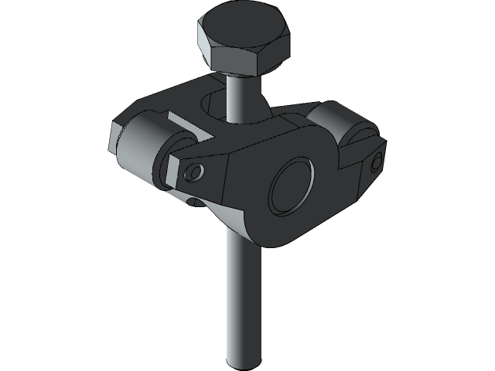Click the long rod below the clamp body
pos(242,301)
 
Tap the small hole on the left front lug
pos(195,172)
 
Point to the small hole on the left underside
pos(193,203)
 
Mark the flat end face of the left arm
pos(113,139)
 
